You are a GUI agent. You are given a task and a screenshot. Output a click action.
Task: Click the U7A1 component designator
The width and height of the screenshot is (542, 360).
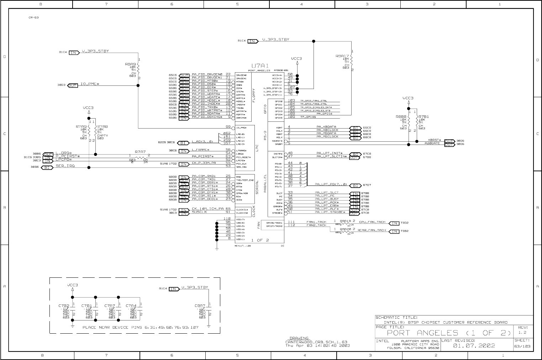coord(260,66)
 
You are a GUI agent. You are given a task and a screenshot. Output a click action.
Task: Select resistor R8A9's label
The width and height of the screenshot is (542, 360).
coord(130,64)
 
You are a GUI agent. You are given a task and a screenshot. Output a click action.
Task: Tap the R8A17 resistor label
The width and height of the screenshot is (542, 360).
coord(342,56)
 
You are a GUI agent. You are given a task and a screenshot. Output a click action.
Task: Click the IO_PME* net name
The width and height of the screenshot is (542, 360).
coord(90,84)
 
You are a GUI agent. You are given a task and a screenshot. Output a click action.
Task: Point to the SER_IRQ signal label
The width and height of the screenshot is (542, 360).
coord(65,166)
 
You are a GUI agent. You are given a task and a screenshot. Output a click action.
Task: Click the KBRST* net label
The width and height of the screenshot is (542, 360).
coord(435,140)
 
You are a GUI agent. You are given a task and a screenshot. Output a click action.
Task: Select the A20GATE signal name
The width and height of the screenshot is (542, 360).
coord(432,143)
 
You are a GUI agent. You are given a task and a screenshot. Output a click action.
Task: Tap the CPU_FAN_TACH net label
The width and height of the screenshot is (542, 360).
coord(372,222)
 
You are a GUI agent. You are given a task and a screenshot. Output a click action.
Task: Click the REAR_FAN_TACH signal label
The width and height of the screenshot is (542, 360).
coord(372,230)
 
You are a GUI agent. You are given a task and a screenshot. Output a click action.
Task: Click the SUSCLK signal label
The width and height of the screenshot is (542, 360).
coord(199,212)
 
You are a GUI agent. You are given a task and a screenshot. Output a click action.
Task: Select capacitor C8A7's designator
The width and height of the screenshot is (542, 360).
coord(200,306)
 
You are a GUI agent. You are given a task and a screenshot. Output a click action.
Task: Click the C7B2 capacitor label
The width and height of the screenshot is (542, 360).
coord(64,306)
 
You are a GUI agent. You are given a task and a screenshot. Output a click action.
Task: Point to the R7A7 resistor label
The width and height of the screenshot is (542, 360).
coord(140,152)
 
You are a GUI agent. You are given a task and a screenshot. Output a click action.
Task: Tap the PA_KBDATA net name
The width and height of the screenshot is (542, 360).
coord(326,127)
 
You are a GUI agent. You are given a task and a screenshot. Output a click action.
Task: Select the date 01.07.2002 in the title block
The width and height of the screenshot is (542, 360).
coord(474,345)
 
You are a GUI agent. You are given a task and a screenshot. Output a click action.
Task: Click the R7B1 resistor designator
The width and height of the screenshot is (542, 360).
coord(423,116)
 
